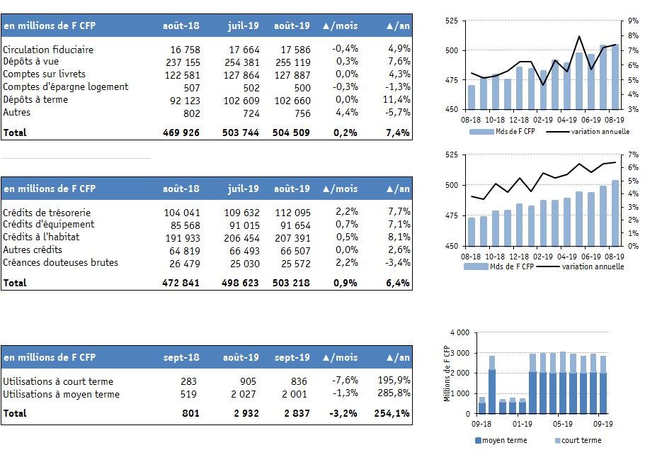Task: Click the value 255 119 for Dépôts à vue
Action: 293,62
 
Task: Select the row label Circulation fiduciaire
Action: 48,50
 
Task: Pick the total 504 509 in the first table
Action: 291,133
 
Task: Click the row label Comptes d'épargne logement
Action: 65,87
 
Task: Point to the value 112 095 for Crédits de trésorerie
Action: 293,213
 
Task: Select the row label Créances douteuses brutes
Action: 60,262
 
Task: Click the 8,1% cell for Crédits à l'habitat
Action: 399,237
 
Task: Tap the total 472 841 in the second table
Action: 181,283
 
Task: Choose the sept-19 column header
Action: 292,357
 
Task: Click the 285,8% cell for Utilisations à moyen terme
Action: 394,393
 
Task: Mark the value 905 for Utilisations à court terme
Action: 248,381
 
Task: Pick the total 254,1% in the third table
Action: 392,413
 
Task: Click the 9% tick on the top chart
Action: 633,21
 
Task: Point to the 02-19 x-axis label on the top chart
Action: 543,120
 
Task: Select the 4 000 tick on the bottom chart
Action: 460,332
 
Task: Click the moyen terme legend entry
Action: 501,440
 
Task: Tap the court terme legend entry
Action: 578,440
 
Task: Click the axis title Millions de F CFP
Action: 447,374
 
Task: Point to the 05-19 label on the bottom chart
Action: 562,424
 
